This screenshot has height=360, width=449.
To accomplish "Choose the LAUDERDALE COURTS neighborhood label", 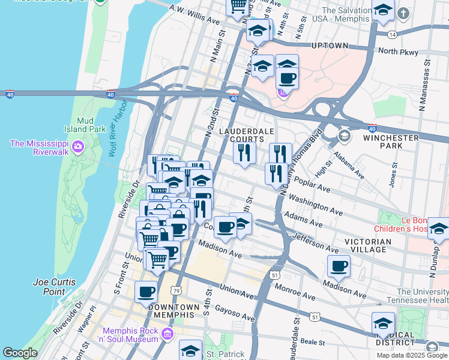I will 246,135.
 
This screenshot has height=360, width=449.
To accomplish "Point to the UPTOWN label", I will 330,46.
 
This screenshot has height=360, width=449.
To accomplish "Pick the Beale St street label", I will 312,343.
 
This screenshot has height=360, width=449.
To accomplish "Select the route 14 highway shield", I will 391,35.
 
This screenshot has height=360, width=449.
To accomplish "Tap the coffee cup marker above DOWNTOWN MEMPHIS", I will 146,292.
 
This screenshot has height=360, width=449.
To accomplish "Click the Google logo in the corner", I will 20,353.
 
